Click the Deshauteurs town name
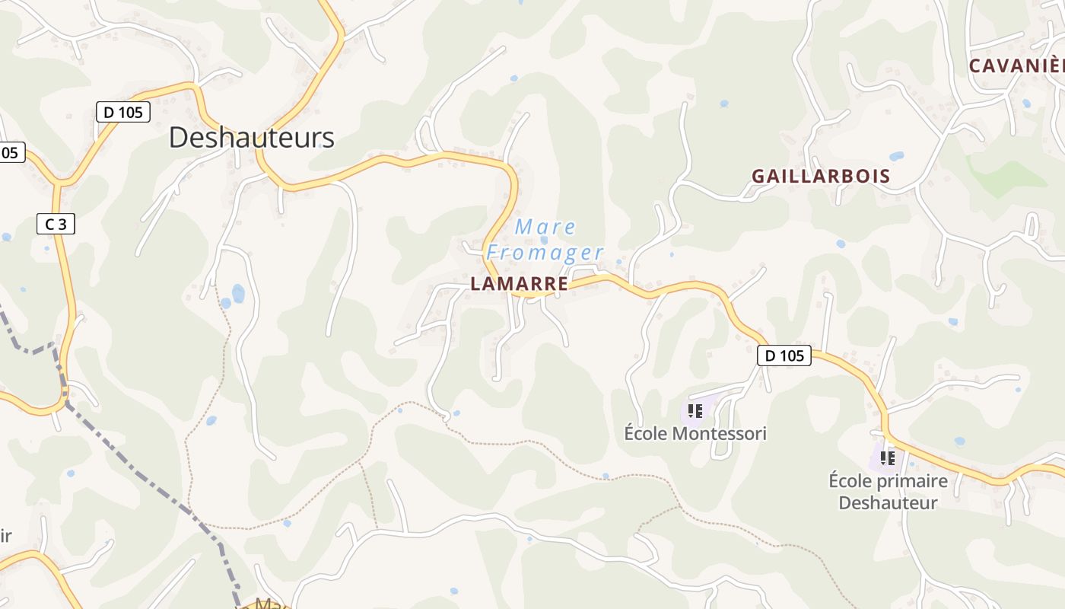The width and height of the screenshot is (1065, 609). [251, 138]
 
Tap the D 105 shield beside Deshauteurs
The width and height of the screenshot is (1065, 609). [123, 113]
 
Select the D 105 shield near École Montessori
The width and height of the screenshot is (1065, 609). [784, 356]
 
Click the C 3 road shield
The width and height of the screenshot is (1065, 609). [56, 225]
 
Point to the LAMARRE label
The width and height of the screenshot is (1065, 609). [519, 284]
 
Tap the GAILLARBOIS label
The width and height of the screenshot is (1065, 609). [821, 177]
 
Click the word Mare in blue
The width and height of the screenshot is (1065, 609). [545, 227]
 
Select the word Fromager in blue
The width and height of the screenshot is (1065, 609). [545, 252]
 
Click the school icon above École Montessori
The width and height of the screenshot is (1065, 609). [695, 412]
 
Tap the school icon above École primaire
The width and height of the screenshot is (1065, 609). [887, 458]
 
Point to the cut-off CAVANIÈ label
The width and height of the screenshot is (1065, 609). [1016, 66]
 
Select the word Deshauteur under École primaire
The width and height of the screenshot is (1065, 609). [888, 502]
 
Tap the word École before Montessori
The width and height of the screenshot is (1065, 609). [645, 434]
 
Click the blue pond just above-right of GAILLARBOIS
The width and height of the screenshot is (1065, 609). [897, 156]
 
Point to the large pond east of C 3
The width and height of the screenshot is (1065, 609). [238, 293]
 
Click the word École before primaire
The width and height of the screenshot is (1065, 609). [850, 481]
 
